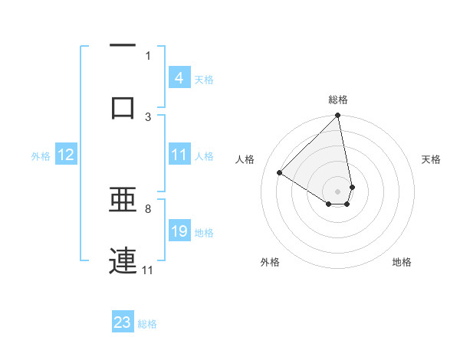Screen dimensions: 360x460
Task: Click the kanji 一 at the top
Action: pos(123,45)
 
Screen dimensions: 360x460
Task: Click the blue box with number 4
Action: pos(179,78)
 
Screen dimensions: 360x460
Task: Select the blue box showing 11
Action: pos(179,155)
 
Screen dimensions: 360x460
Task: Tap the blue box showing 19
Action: pos(179,231)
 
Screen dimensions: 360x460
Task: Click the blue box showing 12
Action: pos(66,155)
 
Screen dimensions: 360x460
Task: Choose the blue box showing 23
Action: pos(123,322)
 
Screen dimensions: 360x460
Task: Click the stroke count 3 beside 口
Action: pos(148,116)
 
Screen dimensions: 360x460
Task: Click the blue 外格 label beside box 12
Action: pos(41,155)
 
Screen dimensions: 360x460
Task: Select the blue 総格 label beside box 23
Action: pos(147,323)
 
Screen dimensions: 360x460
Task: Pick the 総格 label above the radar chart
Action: pos(338,100)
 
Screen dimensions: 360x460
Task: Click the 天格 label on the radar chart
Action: pos(431,159)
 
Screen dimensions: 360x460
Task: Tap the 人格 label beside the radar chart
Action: pos(245,159)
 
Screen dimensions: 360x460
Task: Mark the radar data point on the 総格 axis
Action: pos(338,116)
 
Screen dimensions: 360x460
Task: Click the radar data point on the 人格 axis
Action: pos(280,172)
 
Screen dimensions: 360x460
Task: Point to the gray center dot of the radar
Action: pos(338,191)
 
